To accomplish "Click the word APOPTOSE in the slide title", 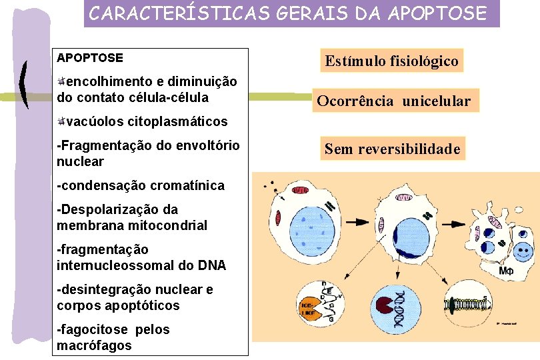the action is pos(440,13).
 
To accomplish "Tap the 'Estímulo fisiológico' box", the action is pos(391,61).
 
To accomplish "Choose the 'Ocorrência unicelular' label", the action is pos(393,101).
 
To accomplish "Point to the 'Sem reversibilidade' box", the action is pos(392,149).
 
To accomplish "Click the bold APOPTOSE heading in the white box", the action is pos(90,58).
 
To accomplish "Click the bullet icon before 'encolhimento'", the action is pos(61,81).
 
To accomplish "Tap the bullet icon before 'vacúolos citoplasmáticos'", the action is pos(61,121).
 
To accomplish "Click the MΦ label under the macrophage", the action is pos(506,273).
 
